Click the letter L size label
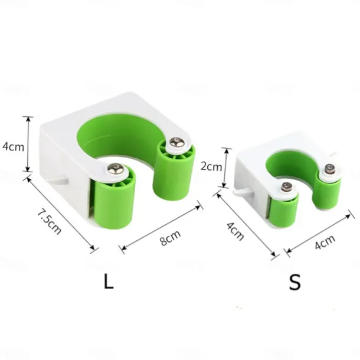(x=109, y=282)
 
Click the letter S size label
(x=295, y=282)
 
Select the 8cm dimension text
(x=171, y=238)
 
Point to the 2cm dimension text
(x=211, y=166)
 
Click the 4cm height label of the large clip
(x=13, y=146)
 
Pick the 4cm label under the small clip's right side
(x=325, y=242)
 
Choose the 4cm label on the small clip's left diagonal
(x=235, y=231)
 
